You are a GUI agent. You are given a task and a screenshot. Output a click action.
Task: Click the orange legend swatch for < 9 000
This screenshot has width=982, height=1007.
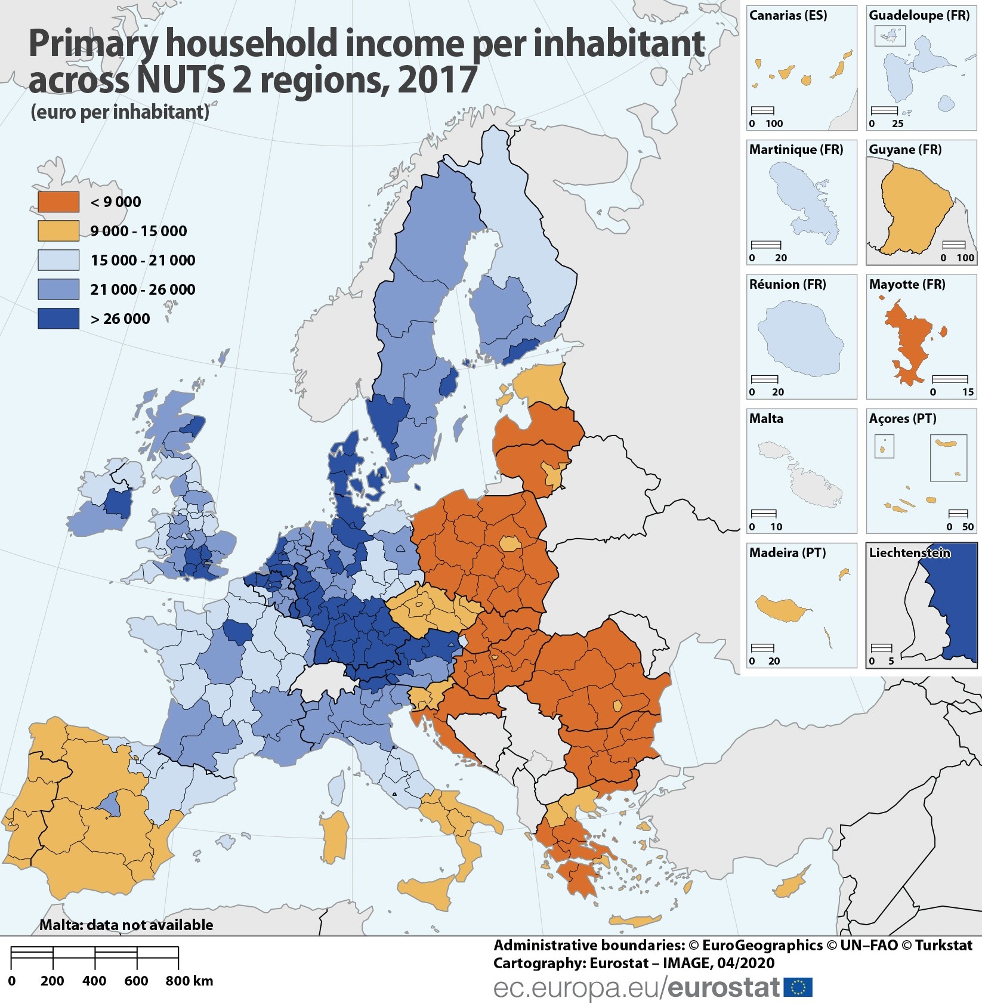[x=58, y=202]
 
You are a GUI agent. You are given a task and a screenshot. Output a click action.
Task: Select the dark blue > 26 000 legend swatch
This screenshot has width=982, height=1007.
[x=58, y=319]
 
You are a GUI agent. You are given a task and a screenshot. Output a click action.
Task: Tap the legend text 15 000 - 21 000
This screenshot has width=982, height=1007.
[x=143, y=260]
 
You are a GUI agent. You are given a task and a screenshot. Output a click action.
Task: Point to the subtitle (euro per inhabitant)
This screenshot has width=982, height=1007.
[x=120, y=112]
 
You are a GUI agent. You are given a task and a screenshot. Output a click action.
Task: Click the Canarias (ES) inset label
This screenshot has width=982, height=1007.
[x=788, y=16]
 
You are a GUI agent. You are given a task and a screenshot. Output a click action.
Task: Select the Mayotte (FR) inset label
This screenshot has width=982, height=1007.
[x=907, y=284]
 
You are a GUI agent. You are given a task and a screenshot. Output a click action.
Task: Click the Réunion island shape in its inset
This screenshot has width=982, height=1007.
[x=799, y=338]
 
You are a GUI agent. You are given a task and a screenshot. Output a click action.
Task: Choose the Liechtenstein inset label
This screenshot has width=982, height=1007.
[x=909, y=552]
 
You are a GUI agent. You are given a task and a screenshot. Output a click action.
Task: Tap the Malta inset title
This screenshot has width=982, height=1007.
[x=766, y=418]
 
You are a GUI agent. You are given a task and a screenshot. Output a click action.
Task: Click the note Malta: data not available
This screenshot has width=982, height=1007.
[x=126, y=925]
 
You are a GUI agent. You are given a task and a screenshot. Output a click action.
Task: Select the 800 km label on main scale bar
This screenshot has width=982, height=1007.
[x=189, y=981]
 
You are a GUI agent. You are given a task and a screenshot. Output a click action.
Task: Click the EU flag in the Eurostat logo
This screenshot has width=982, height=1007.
[x=798, y=987]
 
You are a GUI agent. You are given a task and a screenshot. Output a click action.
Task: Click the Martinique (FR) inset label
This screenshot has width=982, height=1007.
[x=796, y=150]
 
